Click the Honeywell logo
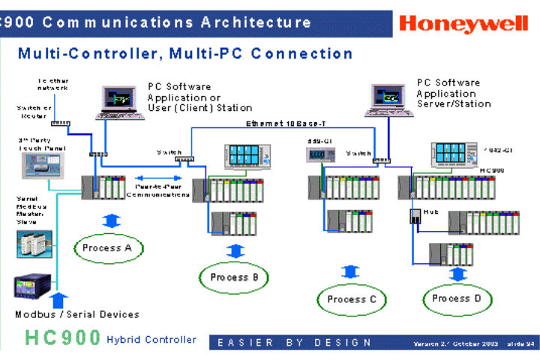(463, 23)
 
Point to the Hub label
(430, 212)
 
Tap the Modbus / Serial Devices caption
(77, 314)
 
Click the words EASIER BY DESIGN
(294, 343)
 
